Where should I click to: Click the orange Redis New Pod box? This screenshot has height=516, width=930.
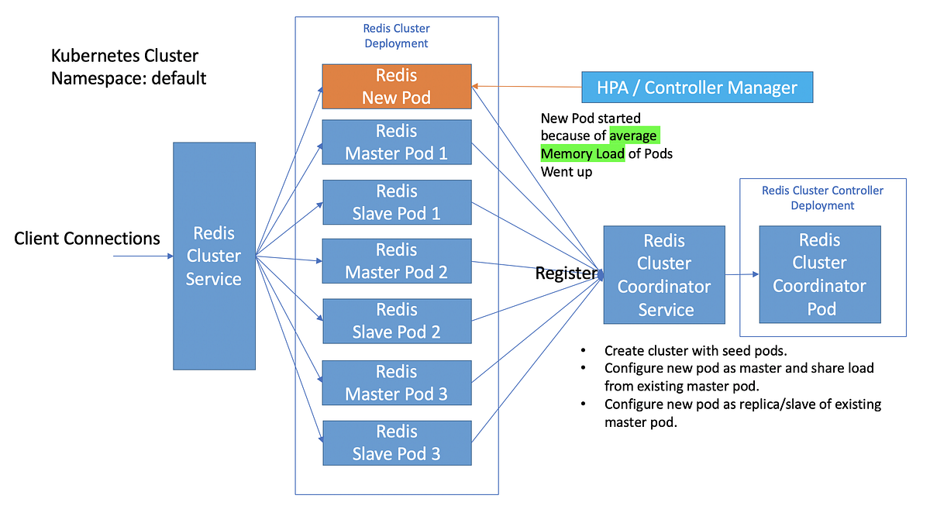pyautogui.click(x=396, y=87)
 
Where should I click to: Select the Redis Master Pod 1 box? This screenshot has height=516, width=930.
pyautogui.click(x=396, y=142)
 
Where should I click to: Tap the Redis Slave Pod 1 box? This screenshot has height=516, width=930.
pyautogui.click(x=396, y=202)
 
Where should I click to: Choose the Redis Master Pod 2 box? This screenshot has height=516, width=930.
pyautogui.click(x=396, y=261)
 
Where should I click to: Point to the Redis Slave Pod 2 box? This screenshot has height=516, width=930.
pyautogui.click(x=396, y=321)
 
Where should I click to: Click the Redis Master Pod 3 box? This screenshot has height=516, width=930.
pyautogui.click(x=396, y=383)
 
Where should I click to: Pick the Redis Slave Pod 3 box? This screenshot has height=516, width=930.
pyautogui.click(x=396, y=442)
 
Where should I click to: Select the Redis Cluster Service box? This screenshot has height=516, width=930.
pyautogui.click(x=213, y=256)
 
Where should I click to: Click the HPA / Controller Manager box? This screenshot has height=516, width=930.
pyautogui.click(x=697, y=88)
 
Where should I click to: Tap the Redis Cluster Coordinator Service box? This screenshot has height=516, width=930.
pyautogui.click(x=664, y=275)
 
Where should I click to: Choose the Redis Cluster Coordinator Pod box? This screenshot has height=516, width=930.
pyautogui.click(x=819, y=275)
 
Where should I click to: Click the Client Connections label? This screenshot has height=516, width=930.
pyautogui.click(x=87, y=238)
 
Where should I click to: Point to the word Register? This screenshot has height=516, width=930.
pyautogui.click(x=567, y=273)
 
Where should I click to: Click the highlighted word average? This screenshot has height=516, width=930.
pyautogui.click(x=633, y=136)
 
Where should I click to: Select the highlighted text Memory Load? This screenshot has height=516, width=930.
pyautogui.click(x=582, y=153)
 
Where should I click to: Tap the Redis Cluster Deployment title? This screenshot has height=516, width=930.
pyautogui.click(x=396, y=36)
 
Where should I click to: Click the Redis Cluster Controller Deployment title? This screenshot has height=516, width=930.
pyautogui.click(x=822, y=198)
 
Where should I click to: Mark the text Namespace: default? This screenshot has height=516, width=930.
pyautogui.click(x=129, y=78)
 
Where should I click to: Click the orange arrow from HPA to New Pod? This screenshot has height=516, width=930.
pyautogui.click(x=527, y=87)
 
